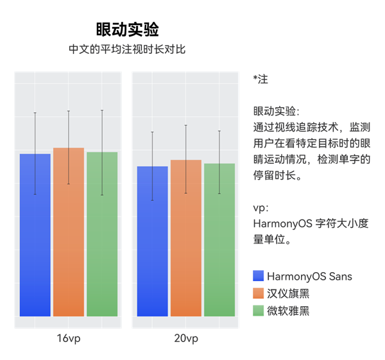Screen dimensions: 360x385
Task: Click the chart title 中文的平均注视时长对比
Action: pos(127,49)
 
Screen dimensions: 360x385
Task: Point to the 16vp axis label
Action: pos(69,338)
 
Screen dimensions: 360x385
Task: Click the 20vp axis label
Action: pos(186,338)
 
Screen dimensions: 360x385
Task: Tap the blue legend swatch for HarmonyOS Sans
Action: pos(259,277)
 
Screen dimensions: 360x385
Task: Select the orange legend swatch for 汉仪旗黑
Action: pos(259,293)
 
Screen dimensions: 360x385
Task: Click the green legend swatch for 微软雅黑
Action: pos(259,311)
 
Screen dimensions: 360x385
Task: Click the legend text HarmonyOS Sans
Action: pos(309,277)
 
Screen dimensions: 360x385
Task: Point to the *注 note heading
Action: pos(261,80)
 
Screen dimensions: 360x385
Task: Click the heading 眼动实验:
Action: pos(276,111)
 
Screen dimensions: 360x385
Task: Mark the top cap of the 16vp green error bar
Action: pos(102,110)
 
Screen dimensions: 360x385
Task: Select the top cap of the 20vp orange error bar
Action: pos(186,125)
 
